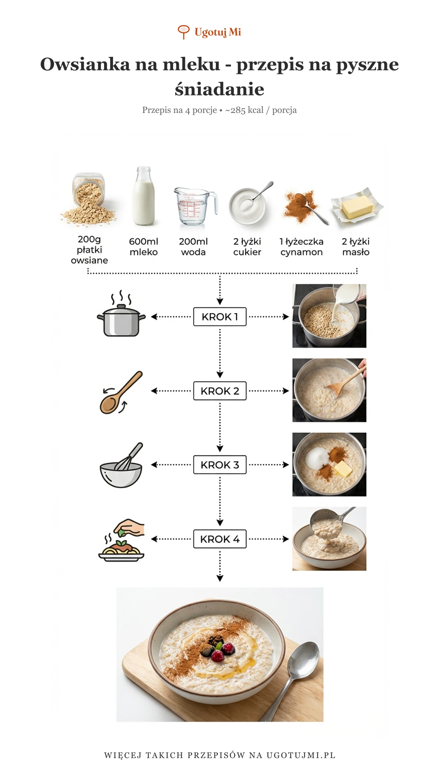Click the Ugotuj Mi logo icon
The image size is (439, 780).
[x=184, y=32]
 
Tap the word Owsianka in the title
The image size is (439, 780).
[x=85, y=64]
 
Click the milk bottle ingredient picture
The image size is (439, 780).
[x=143, y=197]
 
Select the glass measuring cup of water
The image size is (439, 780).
[x=194, y=206]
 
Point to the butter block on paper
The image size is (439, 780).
[x=357, y=206]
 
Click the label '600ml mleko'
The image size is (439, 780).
[x=143, y=247]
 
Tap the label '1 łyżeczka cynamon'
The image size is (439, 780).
[x=302, y=247]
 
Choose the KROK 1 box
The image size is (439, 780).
[x=220, y=317]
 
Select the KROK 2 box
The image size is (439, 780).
[x=220, y=391]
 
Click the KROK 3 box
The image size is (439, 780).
[x=220, y=465]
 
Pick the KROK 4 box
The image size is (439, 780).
[x=220, y=539]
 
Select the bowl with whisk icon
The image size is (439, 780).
[x=121, y=466]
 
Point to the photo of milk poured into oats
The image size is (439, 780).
[x=329, y=316]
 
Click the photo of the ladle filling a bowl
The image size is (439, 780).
[x=329, y=539]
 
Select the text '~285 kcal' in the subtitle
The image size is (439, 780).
[x=244, y=110]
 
